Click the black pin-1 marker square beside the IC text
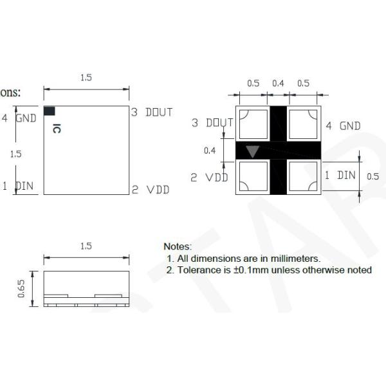point(50,111)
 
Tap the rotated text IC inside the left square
point(57,128)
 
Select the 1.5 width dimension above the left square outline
point(86,77)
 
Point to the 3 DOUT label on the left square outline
point(152,113)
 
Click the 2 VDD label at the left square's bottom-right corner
point(151,190)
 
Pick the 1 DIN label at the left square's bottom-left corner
point(19,187)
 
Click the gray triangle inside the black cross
point(253,151)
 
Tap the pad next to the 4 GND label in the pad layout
point(302,123)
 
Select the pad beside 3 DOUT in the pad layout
point(252,123)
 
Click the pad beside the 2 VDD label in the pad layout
point(252,177)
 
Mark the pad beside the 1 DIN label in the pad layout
point(302,177)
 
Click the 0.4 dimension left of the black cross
point(210,151)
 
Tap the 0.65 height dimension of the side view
point(22,288)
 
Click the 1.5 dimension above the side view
point(86,246)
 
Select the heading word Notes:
point(178,246)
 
